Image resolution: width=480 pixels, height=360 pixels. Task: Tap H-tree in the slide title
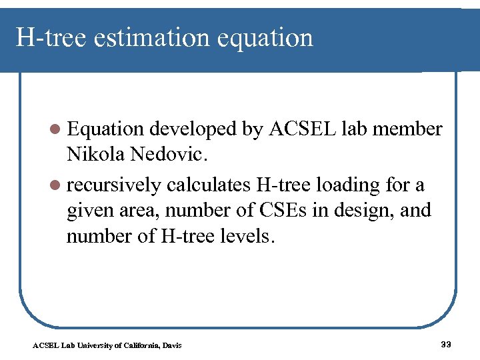point(51,38)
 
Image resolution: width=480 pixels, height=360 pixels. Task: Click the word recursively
point(114,184)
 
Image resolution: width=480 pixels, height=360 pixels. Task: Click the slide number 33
point(446,344)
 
